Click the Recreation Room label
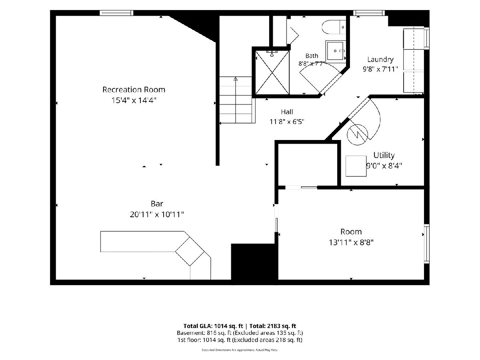pos(134,90)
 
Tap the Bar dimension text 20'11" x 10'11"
pos(156,214)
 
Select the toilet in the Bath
pos(334,27)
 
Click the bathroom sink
pos(336,51)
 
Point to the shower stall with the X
pos(272,72)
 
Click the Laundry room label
pos(380,59)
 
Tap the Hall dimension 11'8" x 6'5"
pos(287,122)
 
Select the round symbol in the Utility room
pos(357,135)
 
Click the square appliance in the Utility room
pos(356,166)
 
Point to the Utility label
pos(384,155)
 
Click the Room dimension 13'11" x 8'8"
pos(351,242)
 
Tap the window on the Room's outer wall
pos(426,244)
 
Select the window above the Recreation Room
pos(116,13)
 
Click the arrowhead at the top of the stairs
pos(236,79)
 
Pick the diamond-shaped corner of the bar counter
pos(190,251)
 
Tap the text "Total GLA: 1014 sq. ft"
pos(213,326)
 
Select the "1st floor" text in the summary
pos(189,340)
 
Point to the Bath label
pos(312,56)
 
